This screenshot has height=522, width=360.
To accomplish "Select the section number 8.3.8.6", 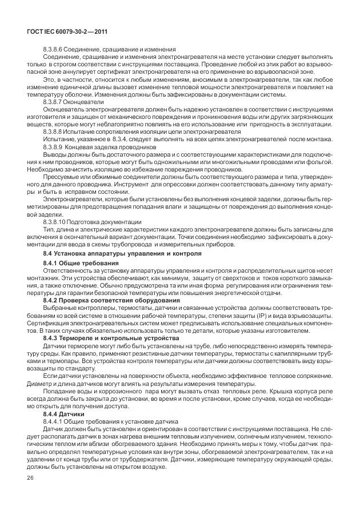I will pos(54,50).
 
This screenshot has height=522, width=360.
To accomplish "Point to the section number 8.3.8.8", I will pos(54,131).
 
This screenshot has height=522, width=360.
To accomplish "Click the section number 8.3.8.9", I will pos(54,146).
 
